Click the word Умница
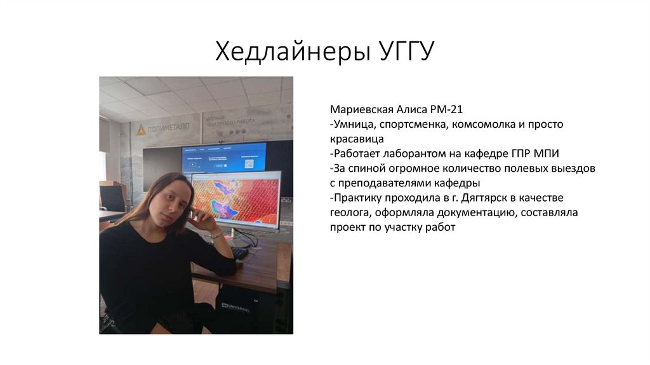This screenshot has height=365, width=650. pos(355,125)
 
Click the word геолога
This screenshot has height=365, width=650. pos(350,212)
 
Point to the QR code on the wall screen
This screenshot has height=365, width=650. pos(249,163)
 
